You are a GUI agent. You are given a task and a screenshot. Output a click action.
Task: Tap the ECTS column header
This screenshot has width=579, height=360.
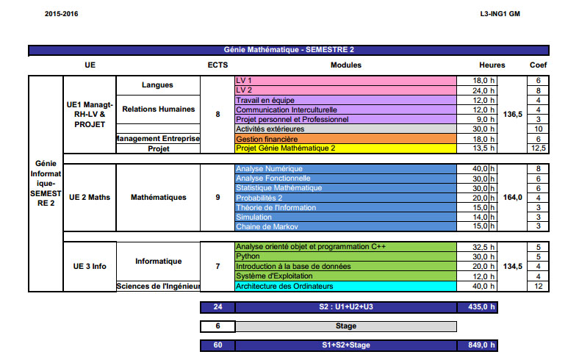point(217,65)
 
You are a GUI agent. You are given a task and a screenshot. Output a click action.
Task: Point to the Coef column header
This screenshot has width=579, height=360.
point(538,65)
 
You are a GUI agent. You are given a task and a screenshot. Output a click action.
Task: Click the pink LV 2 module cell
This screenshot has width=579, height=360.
point(345,90)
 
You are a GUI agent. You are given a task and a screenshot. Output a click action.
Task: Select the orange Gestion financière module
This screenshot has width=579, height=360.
point(345,138)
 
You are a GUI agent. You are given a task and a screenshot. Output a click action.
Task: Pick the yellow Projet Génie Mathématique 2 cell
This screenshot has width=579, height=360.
point(345,148)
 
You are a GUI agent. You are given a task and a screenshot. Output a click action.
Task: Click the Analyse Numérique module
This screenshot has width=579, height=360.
point(345,169)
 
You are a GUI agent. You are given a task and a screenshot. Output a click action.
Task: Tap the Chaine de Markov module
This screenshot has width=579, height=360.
point(345,226)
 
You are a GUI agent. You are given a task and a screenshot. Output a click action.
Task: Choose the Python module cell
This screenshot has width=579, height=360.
point(345,256)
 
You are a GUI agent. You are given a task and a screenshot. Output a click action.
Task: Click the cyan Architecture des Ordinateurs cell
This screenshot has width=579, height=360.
point(345,286)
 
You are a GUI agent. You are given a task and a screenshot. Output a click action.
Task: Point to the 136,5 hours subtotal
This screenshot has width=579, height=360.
point(513,114)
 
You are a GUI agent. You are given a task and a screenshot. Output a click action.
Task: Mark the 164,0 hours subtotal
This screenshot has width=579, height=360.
point(513,198)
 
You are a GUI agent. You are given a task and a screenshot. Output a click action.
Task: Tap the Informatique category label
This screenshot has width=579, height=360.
point(158,262)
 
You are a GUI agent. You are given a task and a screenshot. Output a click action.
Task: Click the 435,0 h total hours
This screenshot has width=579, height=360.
point(477,306)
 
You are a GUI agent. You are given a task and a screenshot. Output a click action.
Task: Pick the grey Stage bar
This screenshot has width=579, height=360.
point(345,325)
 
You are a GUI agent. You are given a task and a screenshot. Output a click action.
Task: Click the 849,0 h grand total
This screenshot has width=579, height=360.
point(477,345)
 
